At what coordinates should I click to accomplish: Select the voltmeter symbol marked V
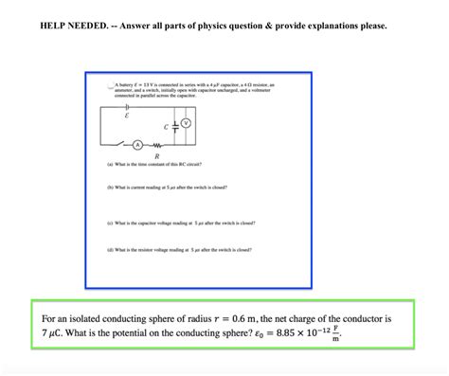(x=186, y=123)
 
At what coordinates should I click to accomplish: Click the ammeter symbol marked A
(x=137, y=145)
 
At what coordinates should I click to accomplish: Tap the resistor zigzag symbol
(x=157, y=145)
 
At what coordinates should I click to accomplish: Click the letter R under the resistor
(x=156, y=155)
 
